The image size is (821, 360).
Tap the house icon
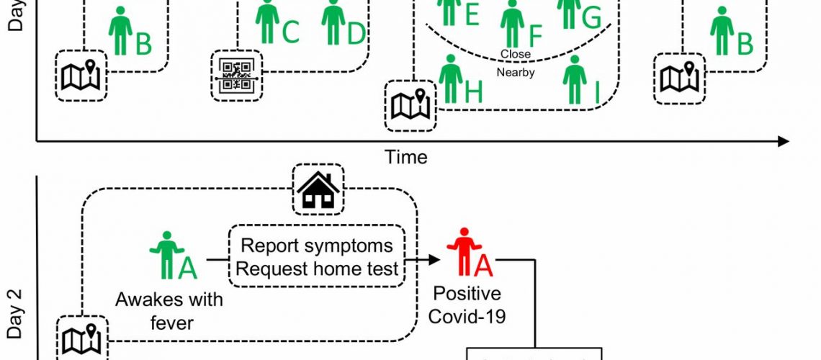pyautogui.click(x=318, y=189)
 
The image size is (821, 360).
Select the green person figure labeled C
pyautogui.click(x=268, y=21)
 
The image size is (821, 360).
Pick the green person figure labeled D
pyautogui.click(x=333, y=21)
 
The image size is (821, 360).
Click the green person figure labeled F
pyautogui.click(x=513, y=24)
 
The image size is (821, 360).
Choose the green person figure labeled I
pyautogui.click(x=574, y=79)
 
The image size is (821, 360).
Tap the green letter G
pyautogui.click(x=591, y=17)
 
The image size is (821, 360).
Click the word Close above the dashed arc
pyautogui.click(x=515, y=54)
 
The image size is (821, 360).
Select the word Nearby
pyautogui.click(x=516, y=72)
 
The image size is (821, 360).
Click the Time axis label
pyautogui.click(x=406, y=157)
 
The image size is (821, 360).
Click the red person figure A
pyautogui.click(x=462, y=255)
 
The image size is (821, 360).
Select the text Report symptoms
pyautogui.click(x=317, y=246)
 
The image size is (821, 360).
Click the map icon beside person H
pyautogui.click(x=410, y=105)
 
